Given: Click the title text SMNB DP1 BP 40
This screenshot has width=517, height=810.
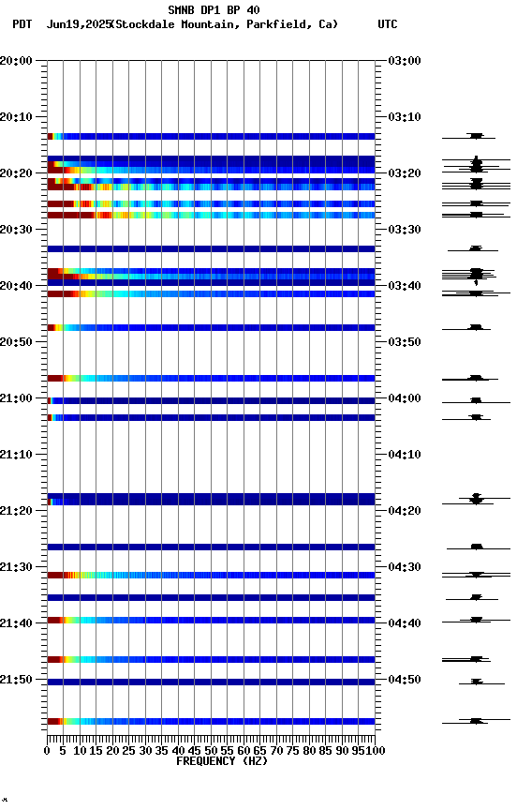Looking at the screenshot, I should point(214,10).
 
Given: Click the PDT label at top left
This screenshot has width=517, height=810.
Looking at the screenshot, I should point(22,24).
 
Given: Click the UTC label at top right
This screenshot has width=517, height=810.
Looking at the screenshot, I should point(387,24).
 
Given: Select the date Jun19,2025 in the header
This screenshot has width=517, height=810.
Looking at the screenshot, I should point(78,24).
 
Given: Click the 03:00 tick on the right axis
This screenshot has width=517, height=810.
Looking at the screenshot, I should point(404,61).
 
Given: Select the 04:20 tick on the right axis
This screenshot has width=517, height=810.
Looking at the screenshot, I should point(404,511).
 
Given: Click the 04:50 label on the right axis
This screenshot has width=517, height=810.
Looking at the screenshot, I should point(404,680).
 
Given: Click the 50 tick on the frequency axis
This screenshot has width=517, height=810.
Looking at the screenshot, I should point(211,750).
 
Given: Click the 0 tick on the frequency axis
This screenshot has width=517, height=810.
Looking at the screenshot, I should point(48,750).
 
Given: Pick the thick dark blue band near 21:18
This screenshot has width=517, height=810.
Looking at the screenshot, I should point(211,499).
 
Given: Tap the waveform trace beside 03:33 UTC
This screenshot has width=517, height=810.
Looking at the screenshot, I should point(476,248).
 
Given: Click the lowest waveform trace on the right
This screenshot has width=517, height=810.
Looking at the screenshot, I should point(476,721).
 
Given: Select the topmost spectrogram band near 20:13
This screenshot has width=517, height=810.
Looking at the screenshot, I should point(211,136).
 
